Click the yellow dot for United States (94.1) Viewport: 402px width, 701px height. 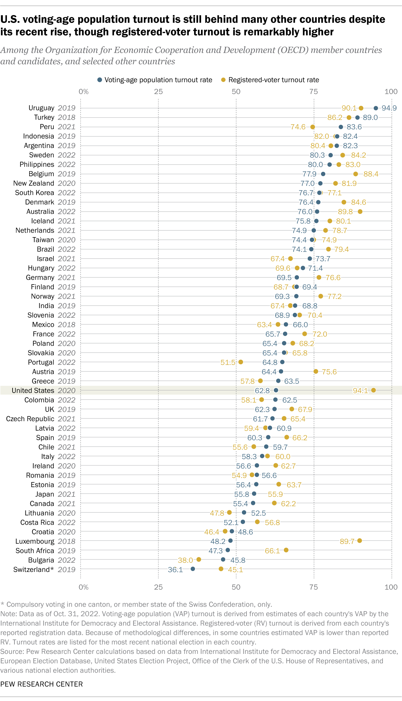373,390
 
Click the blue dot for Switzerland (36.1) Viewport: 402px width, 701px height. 193,569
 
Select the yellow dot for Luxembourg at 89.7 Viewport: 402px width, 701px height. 360,541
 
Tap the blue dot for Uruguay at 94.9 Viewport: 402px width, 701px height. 376,108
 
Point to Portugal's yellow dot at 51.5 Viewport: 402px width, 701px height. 241,362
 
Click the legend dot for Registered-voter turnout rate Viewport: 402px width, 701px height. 224,80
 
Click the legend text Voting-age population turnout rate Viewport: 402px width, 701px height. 158,80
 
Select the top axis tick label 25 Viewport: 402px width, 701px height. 158,92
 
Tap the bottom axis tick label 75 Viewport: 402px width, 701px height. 313,587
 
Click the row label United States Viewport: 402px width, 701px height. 33,390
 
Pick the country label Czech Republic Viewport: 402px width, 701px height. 30,419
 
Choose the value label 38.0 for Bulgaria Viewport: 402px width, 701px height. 185,560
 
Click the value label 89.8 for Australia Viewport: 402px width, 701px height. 345,212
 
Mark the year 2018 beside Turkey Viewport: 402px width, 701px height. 67,117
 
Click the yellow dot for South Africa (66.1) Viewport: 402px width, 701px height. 286,550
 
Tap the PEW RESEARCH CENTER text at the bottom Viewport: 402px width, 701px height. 41,684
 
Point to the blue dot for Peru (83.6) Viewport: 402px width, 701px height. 341,127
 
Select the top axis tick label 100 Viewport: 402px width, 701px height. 391,92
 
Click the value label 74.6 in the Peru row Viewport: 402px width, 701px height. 298,127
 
